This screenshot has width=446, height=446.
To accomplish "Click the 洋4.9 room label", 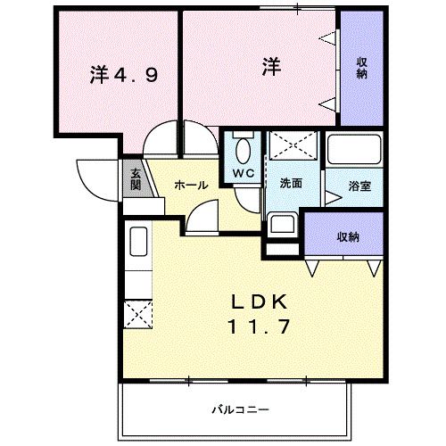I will [x=124, y=77].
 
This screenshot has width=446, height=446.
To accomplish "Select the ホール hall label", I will [x=191, y=185].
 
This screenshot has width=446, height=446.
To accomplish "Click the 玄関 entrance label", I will [x=136, y=179].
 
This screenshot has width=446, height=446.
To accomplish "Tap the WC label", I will [x=244, y=172].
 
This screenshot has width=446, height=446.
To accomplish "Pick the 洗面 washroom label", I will [x=290, y=184].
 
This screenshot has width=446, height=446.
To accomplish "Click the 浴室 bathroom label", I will [x=359, y=186].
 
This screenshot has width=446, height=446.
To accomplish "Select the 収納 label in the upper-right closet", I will [x=363, y=68].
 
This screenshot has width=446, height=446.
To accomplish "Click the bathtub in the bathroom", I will [x=354, y=149].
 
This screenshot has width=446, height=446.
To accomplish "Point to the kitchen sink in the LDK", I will [x=138, y=243].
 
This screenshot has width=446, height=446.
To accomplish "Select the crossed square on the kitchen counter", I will [x=138, y=313].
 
